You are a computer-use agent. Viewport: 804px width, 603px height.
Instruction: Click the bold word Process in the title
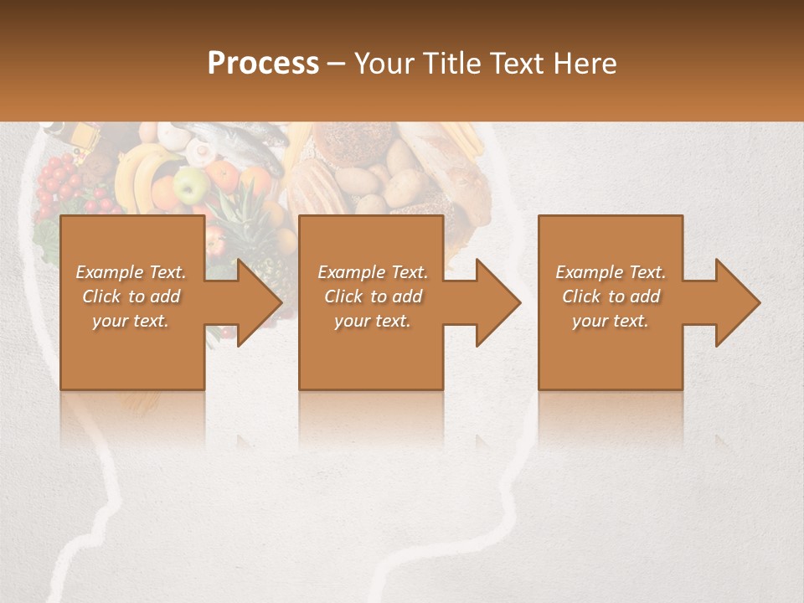263,64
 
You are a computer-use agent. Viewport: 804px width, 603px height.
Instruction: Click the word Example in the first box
110,272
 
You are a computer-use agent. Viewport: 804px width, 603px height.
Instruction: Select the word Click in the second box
343,296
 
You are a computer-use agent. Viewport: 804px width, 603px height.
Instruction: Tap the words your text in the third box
610,321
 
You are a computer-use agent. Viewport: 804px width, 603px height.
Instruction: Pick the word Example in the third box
589,272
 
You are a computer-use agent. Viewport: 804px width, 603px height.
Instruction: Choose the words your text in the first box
131,321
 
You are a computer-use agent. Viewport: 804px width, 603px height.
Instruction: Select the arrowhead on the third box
737,303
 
